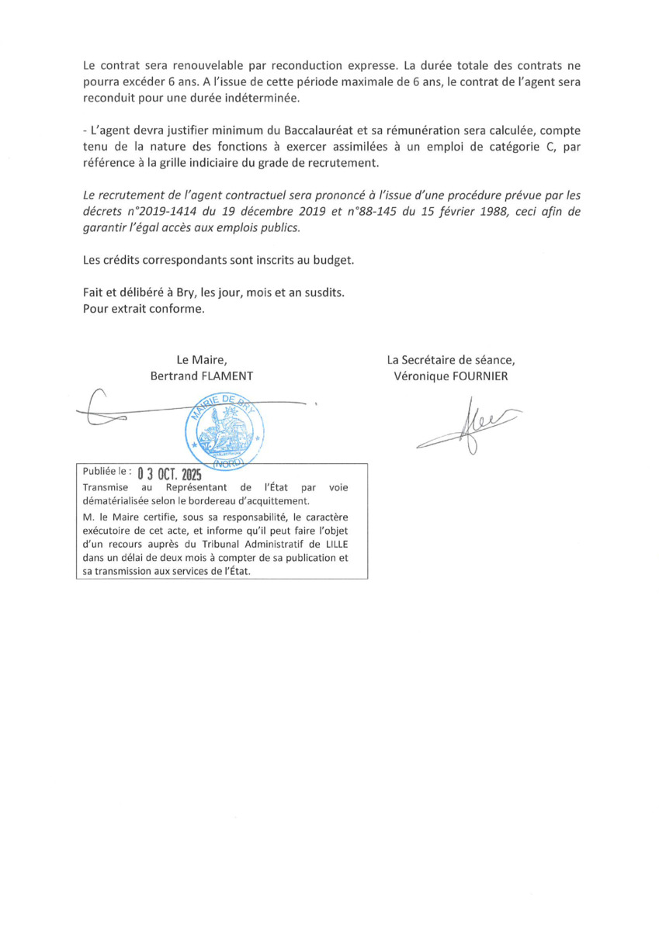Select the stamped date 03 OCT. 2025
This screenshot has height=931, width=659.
168,473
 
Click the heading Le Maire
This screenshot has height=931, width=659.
201,359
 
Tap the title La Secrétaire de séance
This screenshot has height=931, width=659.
450,359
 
